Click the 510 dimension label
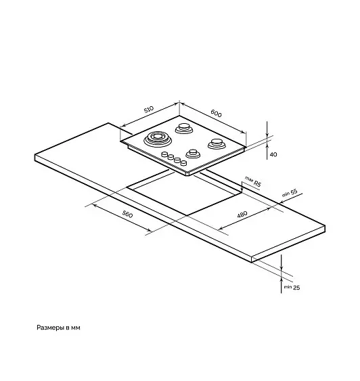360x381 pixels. pyautogui.click(x=149, y=109)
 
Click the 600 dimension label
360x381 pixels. pyautogui.click(x=216, y=113)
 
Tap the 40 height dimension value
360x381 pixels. pyautogui.click(x=273, y=154)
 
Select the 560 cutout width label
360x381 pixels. pyautogui.click(x=127, y=214)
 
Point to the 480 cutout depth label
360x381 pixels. pyautogui.click(x=242, y=215)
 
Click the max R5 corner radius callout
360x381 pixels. pyautogui.click(x=253, y=181)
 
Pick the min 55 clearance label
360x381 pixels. pyautogui.click(x=290, y=193)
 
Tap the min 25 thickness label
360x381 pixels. pyautogui.click(x=292, y=288)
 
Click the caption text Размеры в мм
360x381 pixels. pyautogui.click(x=58, y=328)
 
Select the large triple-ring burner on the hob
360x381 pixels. pyautogui.click(x=158, y=139)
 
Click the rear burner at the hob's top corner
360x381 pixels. pyautogui.click(x=184, y=129)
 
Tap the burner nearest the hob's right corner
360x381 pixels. pyautogui.click(x=217, y=144)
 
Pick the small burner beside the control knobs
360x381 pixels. pyautogui.click(x=193, y=154)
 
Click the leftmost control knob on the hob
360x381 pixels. pyautogui.click(x=164, y=154)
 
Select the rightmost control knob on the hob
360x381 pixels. pyautogui.click(x=183, y=163)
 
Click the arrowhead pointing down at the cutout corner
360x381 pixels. pyautogui.click(x=242, y=189)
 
